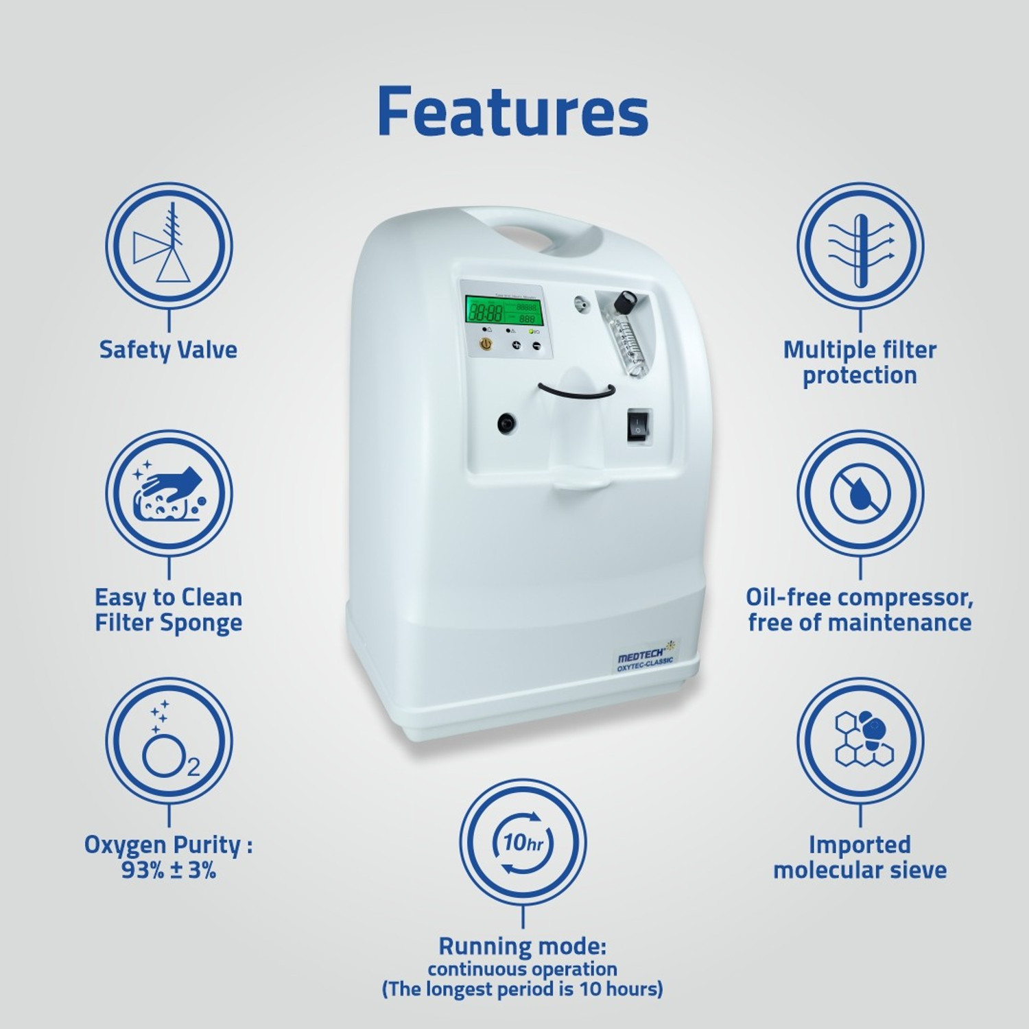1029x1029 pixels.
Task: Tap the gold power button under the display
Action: (x=485, y=345)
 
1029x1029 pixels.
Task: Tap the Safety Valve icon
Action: (x=169, y=246)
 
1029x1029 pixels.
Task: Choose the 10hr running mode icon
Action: (x=523, y=842)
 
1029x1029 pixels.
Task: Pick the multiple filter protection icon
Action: (x=860, y=246)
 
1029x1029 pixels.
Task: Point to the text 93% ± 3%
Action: (x=169, y=871)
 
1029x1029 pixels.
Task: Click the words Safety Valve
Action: (x=169, y=350)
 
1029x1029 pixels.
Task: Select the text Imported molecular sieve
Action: (x=860, y=858)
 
